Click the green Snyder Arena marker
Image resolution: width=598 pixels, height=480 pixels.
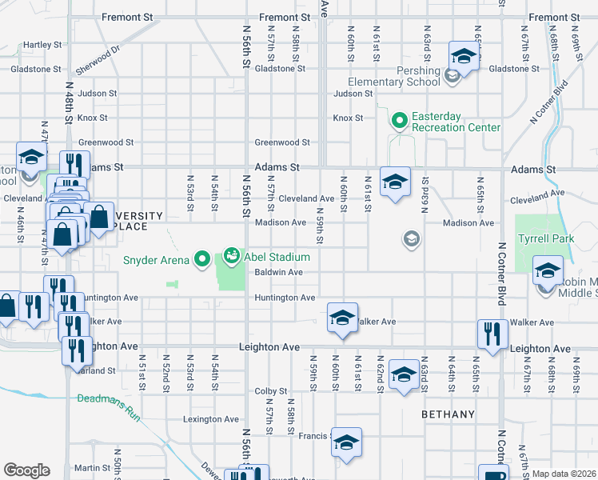201,258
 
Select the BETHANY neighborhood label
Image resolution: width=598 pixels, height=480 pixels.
448,415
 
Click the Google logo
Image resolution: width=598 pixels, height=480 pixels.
26,470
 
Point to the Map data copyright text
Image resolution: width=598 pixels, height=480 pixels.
564,474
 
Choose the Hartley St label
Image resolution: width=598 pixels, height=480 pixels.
43,44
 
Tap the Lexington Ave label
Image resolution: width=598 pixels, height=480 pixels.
211,418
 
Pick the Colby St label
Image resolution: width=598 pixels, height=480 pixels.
270,391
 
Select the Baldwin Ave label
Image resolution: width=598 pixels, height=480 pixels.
277,272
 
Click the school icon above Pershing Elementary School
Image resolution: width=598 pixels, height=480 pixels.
462,55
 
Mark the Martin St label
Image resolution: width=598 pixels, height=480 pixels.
92,468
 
